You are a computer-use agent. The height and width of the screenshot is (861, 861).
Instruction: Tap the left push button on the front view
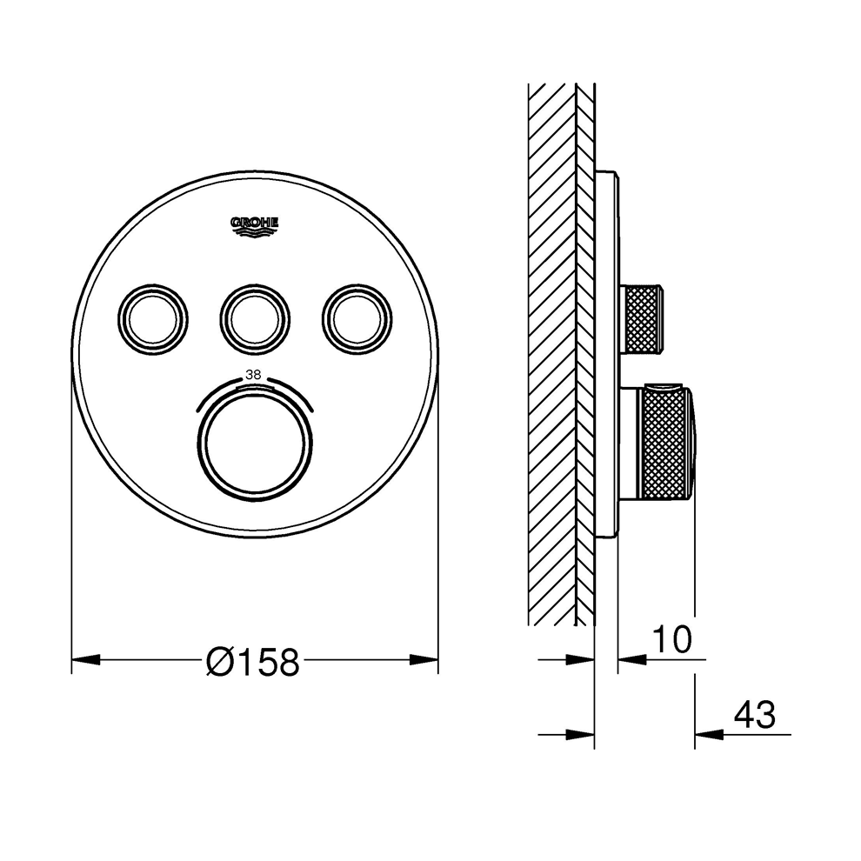tap(153, 318)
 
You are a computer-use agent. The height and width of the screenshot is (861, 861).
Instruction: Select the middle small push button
tap(255, 318)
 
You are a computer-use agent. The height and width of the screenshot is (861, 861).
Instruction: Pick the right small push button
tap(357, 318)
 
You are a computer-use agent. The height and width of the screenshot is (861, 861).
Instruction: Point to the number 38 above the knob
tap(253, 375)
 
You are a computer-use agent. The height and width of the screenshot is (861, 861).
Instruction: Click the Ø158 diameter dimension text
tap(253, 661)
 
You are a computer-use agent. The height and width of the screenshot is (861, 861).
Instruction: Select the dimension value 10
tap(672, 639)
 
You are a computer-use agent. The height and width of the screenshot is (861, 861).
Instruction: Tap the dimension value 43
tap(755, 715)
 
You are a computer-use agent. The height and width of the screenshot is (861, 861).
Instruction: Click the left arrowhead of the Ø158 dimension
tap(85, 659)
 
